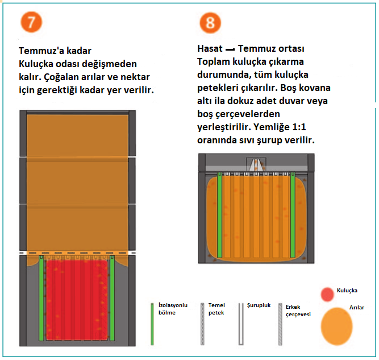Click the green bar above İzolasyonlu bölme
point(153,324)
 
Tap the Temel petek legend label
point(216,309)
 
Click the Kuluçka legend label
point(347,291)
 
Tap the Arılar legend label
point(356,308)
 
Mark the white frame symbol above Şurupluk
point(241,324)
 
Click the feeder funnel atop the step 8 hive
point(256,164)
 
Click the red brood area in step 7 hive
point(77,299)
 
